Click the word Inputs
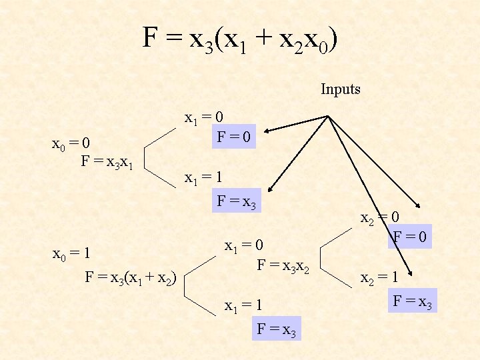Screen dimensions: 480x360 pyautogui.click(x=340, y=89)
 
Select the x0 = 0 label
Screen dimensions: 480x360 pyautogui.click(x=71, y=143)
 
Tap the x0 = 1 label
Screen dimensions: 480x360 pyautogui.click(x=71, y=254)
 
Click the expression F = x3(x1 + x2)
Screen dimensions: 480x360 pyautogui.click(x=130, y=277)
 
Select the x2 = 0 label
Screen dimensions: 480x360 pyautogui.click(x=380, y=218)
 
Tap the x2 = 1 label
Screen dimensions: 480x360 pyautogui.click(x=380, y=279)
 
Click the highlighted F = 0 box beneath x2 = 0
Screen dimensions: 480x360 pyautogui.click(x=411, y=236)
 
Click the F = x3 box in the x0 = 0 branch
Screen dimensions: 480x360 pyautogui.click(x=237, y=200)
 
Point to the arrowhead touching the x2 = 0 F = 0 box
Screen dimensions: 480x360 pyautogui.click(x=417, y=207)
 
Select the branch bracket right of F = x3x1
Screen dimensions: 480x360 pyautogui.click(x=160, y=153)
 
